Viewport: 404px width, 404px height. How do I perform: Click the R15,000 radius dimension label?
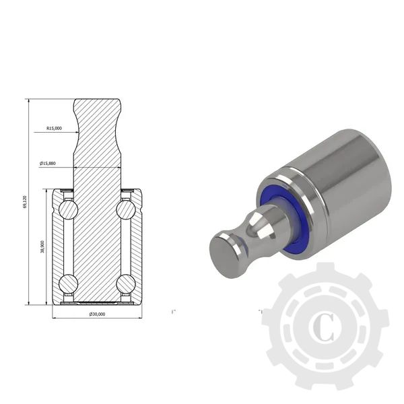pos(55,128)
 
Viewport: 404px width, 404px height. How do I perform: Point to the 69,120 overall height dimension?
pos(25,202)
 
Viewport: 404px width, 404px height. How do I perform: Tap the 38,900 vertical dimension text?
pos(43,246)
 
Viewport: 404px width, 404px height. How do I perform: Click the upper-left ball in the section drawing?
pos(68,210)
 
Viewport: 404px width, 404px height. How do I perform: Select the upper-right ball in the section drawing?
pos(126,210)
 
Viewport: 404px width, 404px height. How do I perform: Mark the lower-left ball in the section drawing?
pos(68,283)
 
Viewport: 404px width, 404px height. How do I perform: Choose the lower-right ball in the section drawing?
pos(126,283)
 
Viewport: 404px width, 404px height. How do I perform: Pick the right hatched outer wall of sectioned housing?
pos(137,246)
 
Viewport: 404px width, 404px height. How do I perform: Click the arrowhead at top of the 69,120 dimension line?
pos(28,101)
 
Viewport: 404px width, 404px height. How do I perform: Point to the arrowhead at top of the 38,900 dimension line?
pos(47,191)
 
